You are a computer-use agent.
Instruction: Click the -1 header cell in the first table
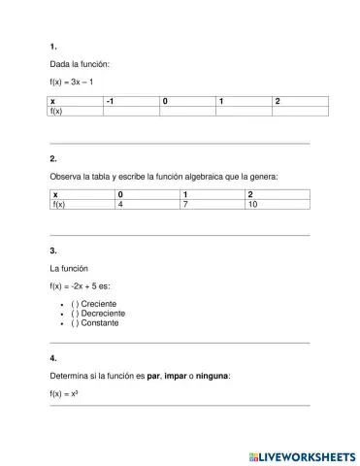[131, 102]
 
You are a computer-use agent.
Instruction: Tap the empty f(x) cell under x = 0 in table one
[187, 112]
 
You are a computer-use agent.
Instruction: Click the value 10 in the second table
[252, 206]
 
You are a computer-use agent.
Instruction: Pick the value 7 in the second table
[185, 206]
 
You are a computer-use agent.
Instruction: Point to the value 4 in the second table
[120, 206]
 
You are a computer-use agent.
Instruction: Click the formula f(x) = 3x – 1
[71, 82]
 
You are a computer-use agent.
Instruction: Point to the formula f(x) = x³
[64, 393]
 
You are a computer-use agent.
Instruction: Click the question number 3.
[52, 250]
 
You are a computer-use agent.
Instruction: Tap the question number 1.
[52, 46]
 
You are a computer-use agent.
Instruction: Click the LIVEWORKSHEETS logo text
[303, 454]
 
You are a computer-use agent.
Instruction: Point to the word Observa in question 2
[65, 176]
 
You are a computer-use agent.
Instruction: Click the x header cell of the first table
[54, 102]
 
